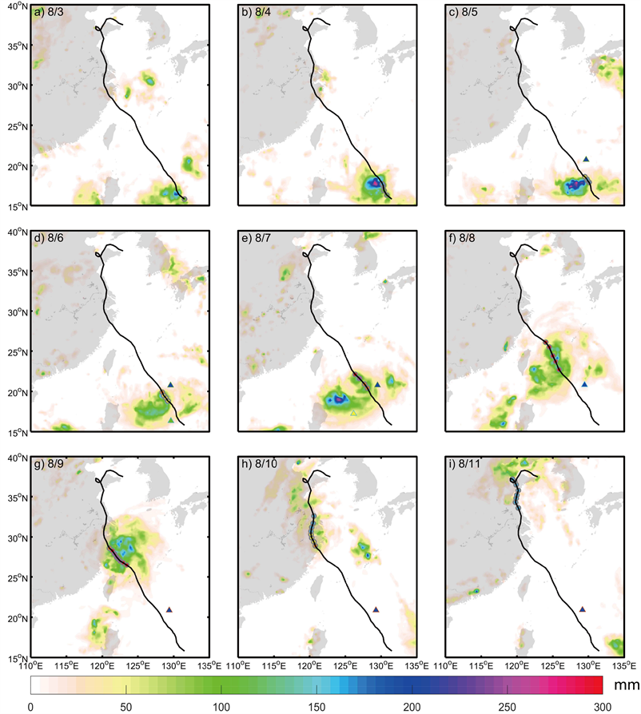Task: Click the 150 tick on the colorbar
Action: pyautogui.click(x=317, y=706)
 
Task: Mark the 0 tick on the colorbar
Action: pyautogui.click(x=30, y=706)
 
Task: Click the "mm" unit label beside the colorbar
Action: pyautogui.click(x=624, y=685)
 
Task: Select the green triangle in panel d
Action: pyautogui.click(x=171, y=420)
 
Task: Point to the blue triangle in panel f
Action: pyautogui.click(x=585, y=385)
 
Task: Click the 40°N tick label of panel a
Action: pyautogui.click(x=17, y=6)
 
